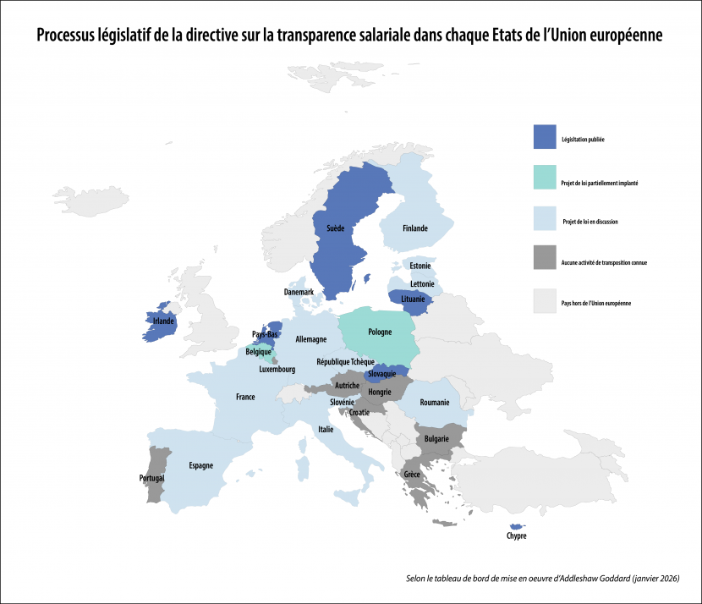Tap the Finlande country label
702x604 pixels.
tap(414, 228)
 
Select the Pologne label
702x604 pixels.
tap(381, 332)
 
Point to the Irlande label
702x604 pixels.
tap(163, 321)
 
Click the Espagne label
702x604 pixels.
tap(200, 465)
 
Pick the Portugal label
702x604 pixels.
tap(152, 478)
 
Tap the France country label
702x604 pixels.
tap(245, 397)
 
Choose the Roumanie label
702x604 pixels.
tap(434, 403)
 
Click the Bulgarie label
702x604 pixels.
tap(437, 439)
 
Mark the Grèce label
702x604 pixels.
tap(412, 475)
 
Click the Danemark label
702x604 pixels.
tap(299, 292)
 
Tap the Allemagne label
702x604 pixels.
tap(311, 339)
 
